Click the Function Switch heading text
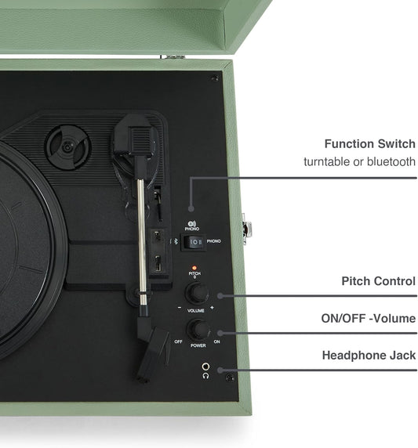click(x=369, y=144)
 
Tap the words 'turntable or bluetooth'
click(x=359, y=161)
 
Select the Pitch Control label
click(x=378, y=281)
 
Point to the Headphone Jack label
click(x=369, y=355)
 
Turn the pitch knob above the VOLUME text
click(x=196, y=293)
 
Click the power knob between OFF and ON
click(x=197, y=329)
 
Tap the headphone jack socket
click(x=205, y=366)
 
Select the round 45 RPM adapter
click(x=67, y=147)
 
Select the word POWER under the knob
click(x=197, y=345)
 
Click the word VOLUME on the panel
click(x=196, y=309)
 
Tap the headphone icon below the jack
click(x=205, y=376)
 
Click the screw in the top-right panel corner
click(x=214, y=78)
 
